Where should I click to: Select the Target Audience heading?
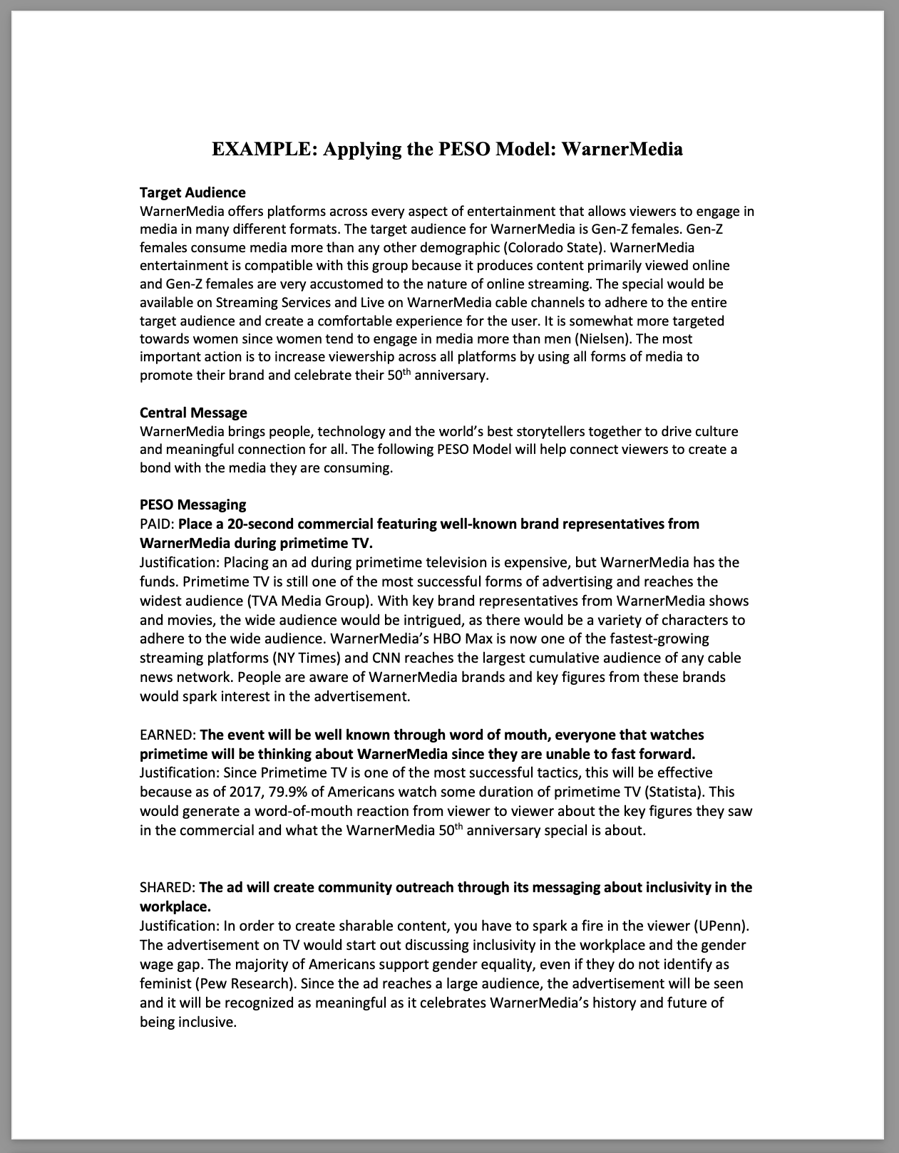click(x=192, y=192)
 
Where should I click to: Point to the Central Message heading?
click(x=193, y=413)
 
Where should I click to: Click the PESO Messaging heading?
click(x=192, y=505)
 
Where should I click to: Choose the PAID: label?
click(x=157, y=524)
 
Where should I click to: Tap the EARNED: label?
click(x=168, y=735)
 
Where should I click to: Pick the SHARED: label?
click(x=168, y=887)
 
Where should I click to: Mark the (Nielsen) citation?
click(x=602, y=338)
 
